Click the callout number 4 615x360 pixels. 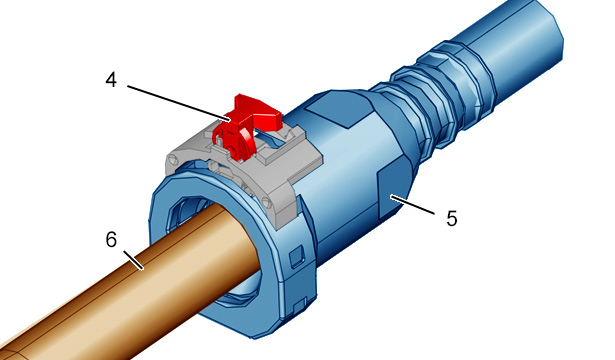[x=111, y=80]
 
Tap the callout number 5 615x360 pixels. [x=452, y=218]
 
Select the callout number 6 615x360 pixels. [x=111, y=239]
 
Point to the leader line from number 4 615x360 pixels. [x=178, y=102]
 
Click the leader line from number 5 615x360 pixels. [x=412, y=204]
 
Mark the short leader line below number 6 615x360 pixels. [x=133, y=260]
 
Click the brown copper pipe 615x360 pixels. [x=129, y=286]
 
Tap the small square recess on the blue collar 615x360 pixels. [x=297, y=257]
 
